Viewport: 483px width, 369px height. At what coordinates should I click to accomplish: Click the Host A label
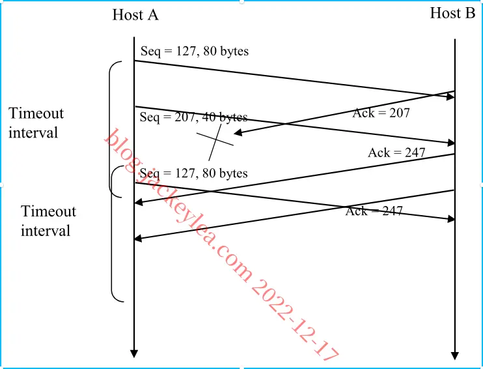135,14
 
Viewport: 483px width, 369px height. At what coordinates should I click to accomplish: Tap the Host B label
452,13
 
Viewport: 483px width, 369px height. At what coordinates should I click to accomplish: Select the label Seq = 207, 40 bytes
193,117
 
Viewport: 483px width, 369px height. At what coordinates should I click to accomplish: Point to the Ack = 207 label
381,113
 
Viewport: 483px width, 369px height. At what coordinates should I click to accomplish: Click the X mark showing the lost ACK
215,142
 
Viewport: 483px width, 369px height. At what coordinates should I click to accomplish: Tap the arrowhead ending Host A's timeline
134,353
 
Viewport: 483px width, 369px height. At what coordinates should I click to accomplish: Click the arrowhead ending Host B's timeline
455,355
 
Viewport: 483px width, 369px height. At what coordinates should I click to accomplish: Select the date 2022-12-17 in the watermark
295,320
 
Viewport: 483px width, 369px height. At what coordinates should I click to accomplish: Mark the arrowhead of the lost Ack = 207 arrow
238,133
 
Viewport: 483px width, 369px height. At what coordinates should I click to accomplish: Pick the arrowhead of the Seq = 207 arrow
451,143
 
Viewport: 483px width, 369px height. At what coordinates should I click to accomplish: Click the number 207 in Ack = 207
400,113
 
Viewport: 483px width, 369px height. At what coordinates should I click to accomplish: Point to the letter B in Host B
470,13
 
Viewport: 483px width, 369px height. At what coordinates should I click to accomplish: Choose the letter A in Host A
153,15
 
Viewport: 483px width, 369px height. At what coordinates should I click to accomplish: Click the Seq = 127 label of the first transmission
195,52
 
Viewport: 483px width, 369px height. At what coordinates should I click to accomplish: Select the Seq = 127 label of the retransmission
194,173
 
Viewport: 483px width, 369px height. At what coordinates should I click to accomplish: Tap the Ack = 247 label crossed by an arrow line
374,211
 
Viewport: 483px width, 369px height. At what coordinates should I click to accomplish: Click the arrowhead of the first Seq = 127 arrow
450,97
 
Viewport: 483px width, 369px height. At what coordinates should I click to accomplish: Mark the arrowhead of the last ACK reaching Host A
138,238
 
